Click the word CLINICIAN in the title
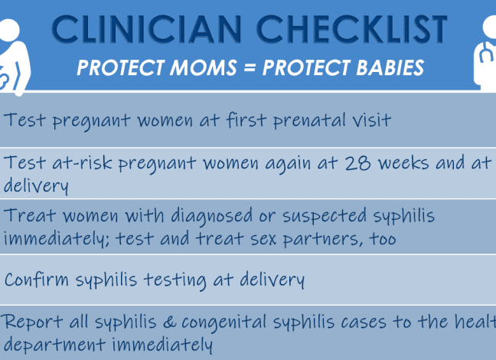tap(147, 29)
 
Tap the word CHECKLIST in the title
tap(352, 29)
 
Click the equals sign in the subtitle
tap(250, 68)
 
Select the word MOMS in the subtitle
tap(203, 67)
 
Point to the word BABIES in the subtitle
tap(390, 67)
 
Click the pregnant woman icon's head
tap(9, 30)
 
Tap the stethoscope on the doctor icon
tap(486, 52)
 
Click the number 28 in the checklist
tap(357, 163)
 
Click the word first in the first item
tap(246, 119)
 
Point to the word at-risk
tap(82, 162)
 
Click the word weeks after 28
tap(404, 163)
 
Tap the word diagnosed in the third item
tap(212, 216)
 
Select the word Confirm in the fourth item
tap(37, 280)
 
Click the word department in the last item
tap(54, 345)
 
